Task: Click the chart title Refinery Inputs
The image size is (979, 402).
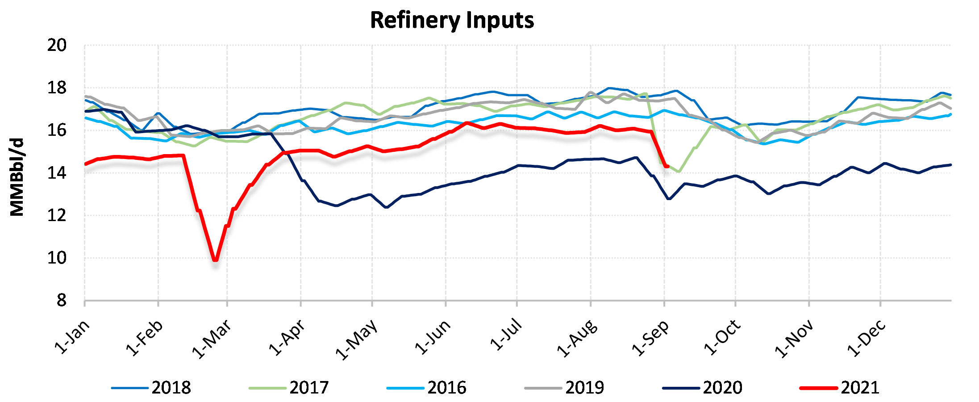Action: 452,21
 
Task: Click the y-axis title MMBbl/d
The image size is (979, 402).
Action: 17,177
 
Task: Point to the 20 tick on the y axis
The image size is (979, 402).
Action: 57,45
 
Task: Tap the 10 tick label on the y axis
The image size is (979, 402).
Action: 57,258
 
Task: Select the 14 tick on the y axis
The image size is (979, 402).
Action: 57,173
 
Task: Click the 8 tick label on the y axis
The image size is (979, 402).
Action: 61,301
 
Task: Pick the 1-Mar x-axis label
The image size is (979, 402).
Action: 212,339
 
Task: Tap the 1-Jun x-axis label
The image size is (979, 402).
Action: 433,337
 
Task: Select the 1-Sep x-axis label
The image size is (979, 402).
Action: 651,338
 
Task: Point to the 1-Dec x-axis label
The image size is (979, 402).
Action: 867,338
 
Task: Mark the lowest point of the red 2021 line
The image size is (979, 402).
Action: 216,260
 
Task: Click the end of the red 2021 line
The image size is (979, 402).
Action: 667,166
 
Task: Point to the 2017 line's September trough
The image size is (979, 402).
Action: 679,172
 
